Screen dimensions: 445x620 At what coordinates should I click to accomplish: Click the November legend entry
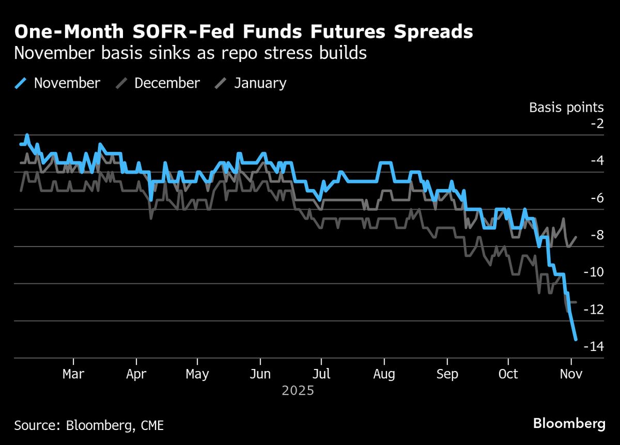tap(67, 83)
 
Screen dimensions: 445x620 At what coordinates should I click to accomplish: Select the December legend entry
tap(167, 83)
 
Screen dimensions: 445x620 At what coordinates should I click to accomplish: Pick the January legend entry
tap(260, 83)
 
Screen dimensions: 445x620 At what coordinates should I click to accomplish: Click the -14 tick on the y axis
tap(593, 346)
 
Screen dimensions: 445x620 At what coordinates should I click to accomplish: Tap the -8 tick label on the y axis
tap(596, 235)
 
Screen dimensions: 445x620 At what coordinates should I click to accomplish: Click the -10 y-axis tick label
tap(593, 272)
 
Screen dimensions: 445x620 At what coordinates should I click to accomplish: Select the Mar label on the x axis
tap(73, 374)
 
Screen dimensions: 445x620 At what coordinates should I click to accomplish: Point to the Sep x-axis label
tap(447, 374)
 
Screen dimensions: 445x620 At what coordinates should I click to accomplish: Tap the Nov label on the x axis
tap(571, 374)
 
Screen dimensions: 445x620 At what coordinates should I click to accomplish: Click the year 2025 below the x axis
tap(298, 391)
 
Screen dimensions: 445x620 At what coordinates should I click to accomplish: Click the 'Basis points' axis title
tap(566, 108)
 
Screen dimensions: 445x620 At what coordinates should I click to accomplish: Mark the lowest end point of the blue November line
tap(576, 339)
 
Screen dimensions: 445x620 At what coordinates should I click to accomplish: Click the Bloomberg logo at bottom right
tap(569, 424)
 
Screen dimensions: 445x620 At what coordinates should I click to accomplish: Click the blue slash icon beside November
tap(21, 83)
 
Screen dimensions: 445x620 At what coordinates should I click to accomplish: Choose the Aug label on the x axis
tap(384, 374)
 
